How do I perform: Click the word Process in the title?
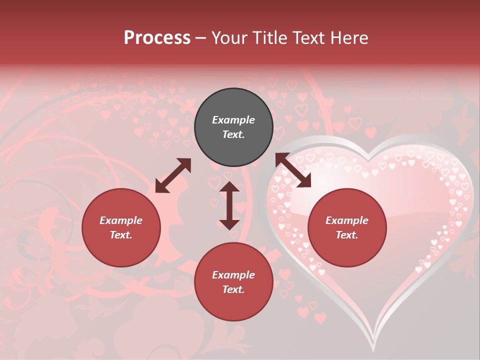coord(157,38)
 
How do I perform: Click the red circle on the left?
coord(121,228)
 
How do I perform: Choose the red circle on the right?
coord(347,228)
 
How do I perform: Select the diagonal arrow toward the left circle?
coord(173,175)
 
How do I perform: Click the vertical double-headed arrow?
coord(229,205)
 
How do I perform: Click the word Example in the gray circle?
coord(233,120)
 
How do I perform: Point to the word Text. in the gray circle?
coord(233,134)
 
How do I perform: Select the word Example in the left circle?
coord(121,220)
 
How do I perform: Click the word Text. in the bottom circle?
coord(233,289)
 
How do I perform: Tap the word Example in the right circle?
coord(347,220)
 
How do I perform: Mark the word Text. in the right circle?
coord(347,235)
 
